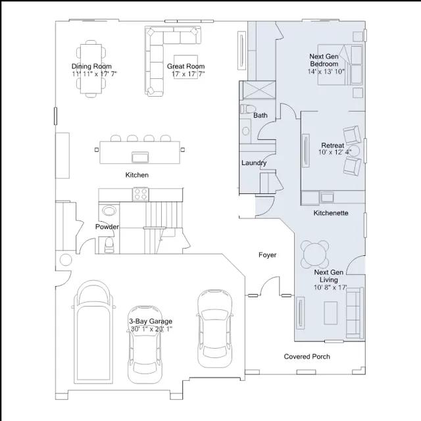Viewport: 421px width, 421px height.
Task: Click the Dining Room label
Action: coord(91,66)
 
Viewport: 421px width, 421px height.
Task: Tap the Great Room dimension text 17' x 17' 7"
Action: coord(188,74)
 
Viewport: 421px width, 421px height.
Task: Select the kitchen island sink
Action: coord(140,157)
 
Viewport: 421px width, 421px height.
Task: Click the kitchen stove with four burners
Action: coord(140,194)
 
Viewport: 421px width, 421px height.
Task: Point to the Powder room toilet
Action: coord(109,245)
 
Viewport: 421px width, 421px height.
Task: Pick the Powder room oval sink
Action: coord(109,210)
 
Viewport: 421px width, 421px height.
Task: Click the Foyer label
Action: coord(268,255)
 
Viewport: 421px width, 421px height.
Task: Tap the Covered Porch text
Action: coord(307,357)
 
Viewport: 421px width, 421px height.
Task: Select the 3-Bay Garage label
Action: coord(151,321)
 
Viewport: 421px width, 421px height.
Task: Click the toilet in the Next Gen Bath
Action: coord(247,109)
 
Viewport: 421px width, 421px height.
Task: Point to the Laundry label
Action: coord(254,163)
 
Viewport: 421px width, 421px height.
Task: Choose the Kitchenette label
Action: coord(331,213)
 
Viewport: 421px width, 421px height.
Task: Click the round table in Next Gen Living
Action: coord(314,255)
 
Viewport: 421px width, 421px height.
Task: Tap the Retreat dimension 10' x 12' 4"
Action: coord(335,152)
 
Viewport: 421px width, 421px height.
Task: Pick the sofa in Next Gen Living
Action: coord(355,312)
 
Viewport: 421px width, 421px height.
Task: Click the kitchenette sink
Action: coord(327,197)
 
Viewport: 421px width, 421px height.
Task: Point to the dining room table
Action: coord(91,68)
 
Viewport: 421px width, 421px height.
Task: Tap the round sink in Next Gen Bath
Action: coord(245,131)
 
